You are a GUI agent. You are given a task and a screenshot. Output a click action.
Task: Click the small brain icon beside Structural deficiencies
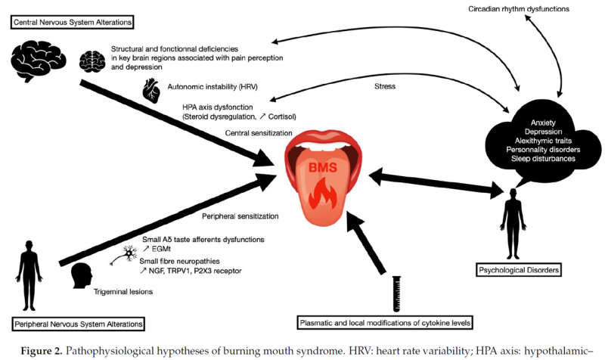tap(94, 58)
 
